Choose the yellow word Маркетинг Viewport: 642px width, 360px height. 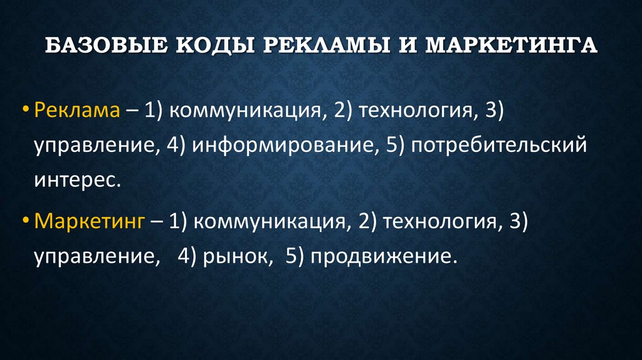pyautogui.click(x=90, y=221)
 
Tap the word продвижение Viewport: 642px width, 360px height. pyautogui.click(x=379, y=257)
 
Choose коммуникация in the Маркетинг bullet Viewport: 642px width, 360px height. pyautogui.click(x=270, y=221)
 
